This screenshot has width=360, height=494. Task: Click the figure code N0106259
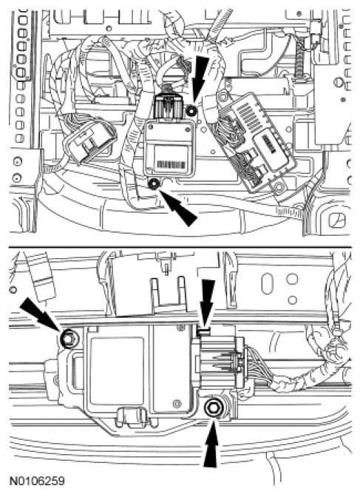(x=37, y=481)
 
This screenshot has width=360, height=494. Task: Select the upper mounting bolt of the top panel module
(x=191, y=111)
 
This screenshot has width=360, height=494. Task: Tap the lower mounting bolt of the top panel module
(x=154, y=183)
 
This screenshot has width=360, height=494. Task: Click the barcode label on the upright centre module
(x=171, y=164)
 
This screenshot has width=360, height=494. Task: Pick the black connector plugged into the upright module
(x=169, y=107)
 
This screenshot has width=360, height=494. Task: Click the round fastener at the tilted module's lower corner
(x=279, y=187)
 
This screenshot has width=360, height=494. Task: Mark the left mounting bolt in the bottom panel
(x=67, y=339)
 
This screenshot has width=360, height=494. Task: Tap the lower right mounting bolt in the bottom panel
(x=214, y=408)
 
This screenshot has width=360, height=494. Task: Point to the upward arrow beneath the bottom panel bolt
(x=211, y=443)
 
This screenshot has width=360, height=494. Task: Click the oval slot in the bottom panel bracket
(x=267, y=283)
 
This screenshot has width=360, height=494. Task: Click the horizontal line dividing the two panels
(x=180, y=246)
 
